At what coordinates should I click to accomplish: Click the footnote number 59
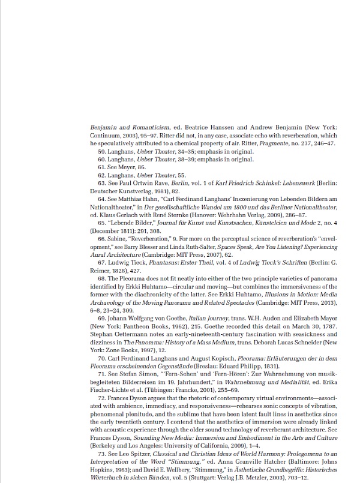point(101,152)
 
